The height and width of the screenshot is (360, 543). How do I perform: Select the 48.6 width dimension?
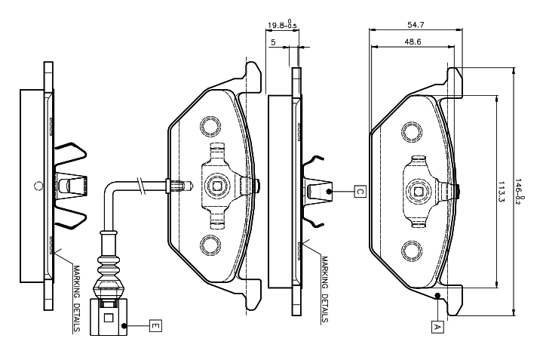(413, 42)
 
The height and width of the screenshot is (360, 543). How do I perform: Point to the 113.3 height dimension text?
(502, 192)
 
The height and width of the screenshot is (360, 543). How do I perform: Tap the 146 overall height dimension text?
(520, 192)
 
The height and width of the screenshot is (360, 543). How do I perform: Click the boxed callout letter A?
(436, 327)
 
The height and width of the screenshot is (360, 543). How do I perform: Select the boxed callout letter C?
(360, 192)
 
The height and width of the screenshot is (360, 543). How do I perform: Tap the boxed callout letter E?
(154, 325)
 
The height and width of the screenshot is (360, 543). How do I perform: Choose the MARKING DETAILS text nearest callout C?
(324, 288)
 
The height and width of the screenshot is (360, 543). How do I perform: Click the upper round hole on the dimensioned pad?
(411, 133)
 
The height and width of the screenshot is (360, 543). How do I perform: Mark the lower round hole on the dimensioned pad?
(411, 250)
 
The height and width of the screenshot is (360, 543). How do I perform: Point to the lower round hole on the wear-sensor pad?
(208, 244)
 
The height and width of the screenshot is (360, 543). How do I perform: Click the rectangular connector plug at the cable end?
(106, 315)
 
